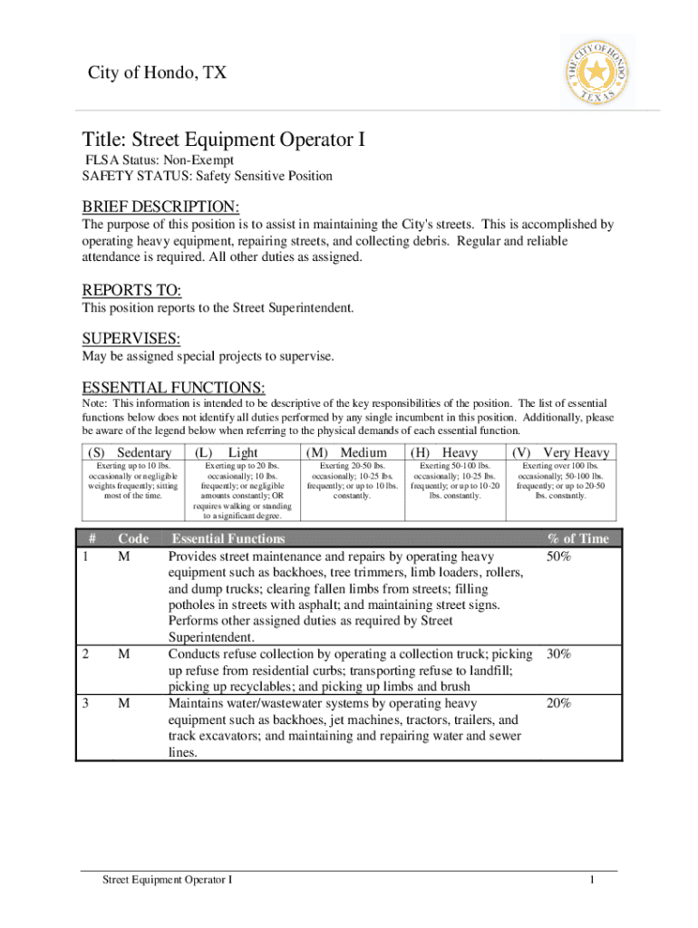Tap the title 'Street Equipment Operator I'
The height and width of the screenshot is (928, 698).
[x=223, y=140]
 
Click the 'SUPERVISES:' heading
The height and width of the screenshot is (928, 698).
[x=131, y=339]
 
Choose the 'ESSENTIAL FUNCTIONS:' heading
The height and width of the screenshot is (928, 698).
[x=173, y=388]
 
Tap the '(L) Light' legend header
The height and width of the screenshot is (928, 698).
[x=227, y=452]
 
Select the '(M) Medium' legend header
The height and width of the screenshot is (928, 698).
[x=347, y=452]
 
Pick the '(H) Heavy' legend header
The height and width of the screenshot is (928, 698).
[x=444, y=452]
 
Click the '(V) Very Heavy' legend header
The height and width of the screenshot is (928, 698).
[x=561, y=452]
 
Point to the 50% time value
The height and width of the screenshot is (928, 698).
[x=558, y=556]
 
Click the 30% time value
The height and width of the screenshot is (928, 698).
[x=558, y=654]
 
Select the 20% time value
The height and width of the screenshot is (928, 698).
[x=558, y=703]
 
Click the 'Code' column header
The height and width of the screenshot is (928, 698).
[x=133, y=539]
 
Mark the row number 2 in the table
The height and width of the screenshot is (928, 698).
[x=85, y=654]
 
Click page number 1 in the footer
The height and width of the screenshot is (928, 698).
[x=590, y=880]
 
